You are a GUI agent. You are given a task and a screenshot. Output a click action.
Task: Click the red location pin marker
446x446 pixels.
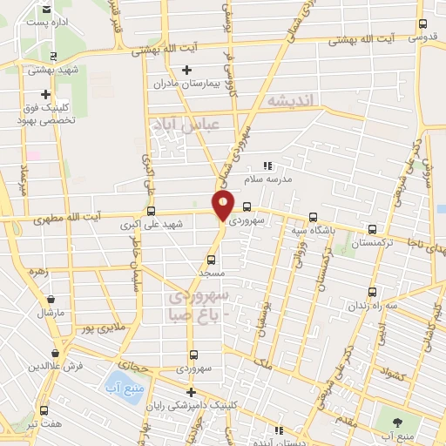pos(224,206)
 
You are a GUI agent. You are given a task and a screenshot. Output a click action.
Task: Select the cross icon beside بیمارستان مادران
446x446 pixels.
pos(186,70)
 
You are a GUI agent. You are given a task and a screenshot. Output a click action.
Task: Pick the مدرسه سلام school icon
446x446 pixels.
pos(267,164)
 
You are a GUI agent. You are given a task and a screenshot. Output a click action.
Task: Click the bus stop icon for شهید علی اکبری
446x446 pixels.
pos(152,210)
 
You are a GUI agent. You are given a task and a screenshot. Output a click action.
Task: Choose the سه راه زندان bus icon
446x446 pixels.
pos(372,292)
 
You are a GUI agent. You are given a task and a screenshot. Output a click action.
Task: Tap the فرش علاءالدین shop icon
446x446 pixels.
pos(56,353)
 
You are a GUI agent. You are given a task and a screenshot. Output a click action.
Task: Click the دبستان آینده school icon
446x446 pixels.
pos(279,430)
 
